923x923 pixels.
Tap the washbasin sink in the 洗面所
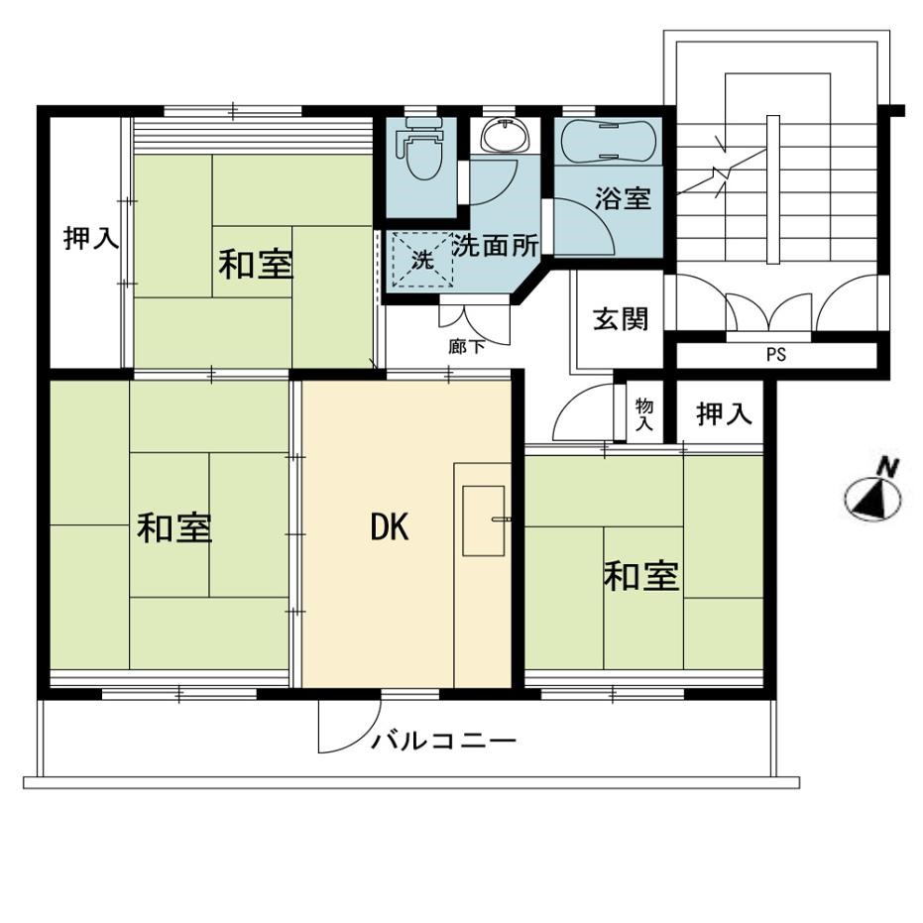tap(505, 135)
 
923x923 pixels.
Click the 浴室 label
tap(623, 198)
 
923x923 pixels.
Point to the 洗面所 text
tap(495, 246)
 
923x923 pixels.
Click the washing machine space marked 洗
tap(422, 259)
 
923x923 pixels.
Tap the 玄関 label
tap(621, 318)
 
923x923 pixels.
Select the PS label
tap(776, 355)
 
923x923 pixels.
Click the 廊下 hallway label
tap(467, 347)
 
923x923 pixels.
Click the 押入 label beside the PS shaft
tap(724, 413)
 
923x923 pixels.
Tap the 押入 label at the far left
tap(91, 238)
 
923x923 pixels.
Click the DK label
tap(389, 526)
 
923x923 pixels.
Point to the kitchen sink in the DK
tap(483, 520)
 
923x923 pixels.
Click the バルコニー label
tap(443, 740)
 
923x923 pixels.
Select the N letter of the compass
tap(888, 469)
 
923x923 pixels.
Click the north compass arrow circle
tap(873, 498)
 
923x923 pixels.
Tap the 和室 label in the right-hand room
tap(641, 576)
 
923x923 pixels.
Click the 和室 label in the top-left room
tap(256, 265)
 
